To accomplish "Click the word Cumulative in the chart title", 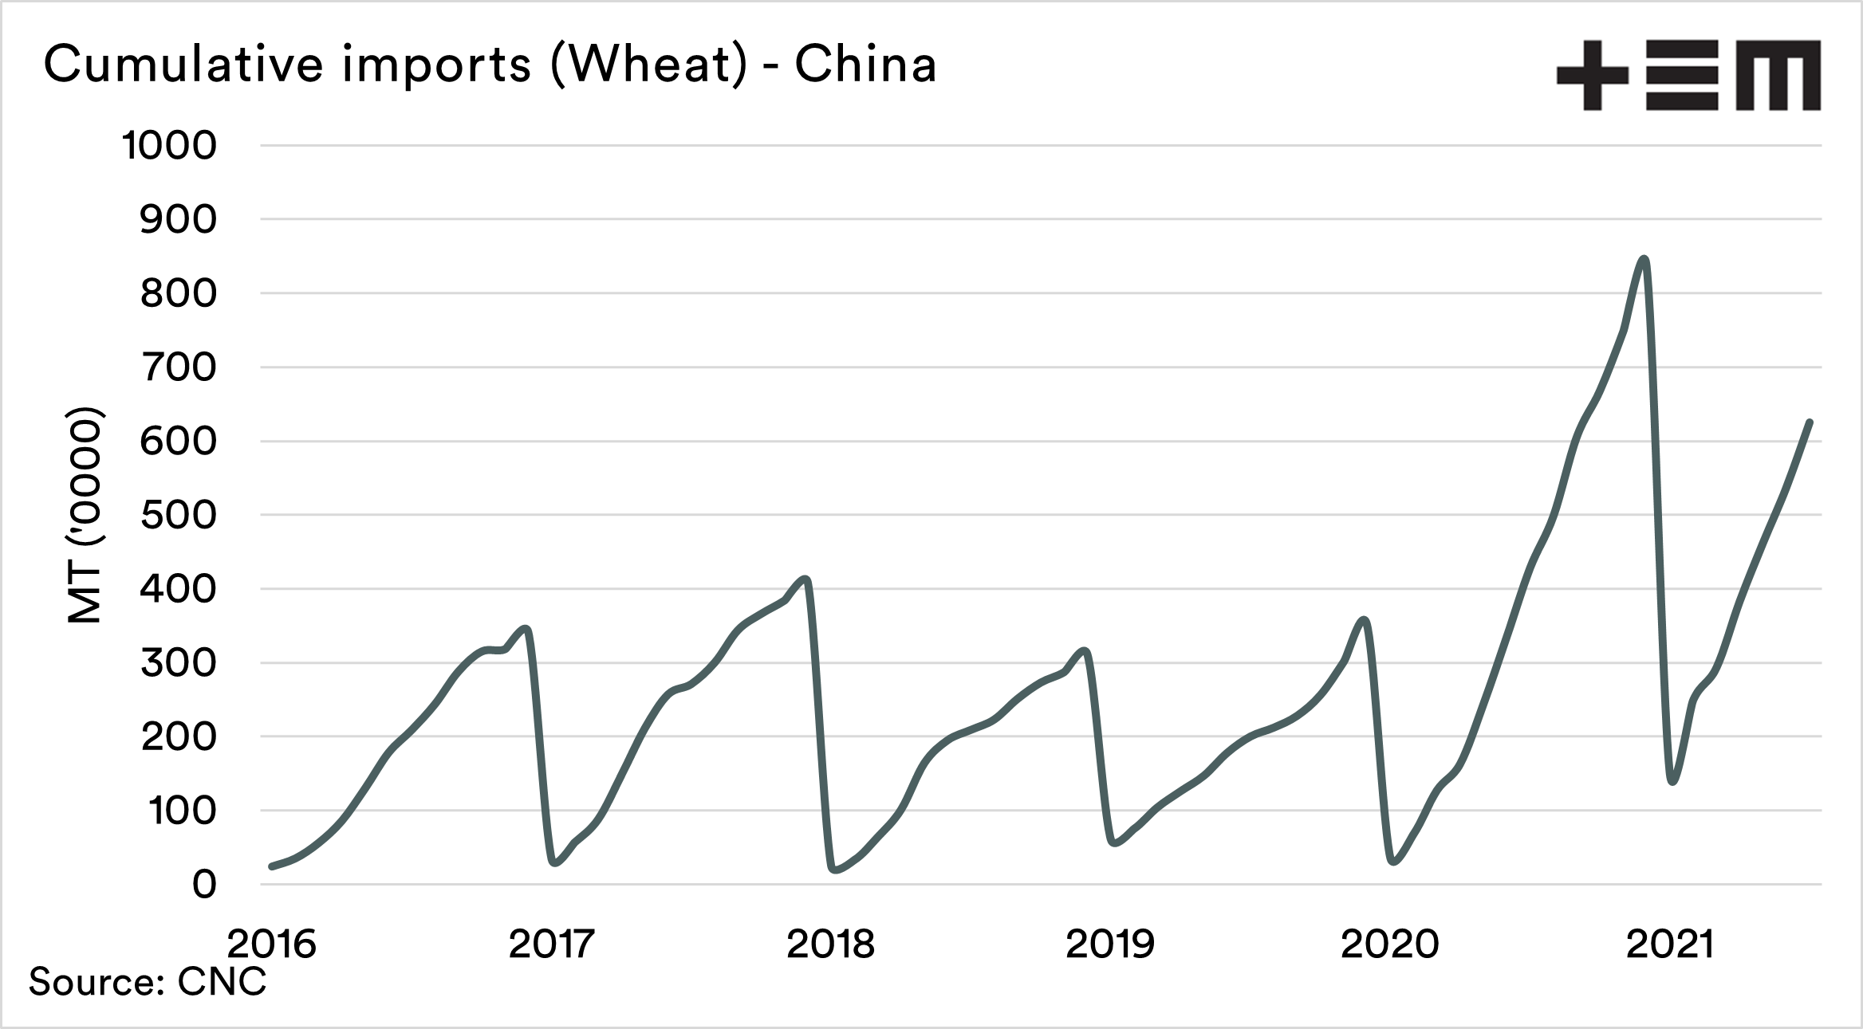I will coord(184,65).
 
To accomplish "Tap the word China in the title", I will coord(865,65).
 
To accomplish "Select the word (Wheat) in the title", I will coord(648,65).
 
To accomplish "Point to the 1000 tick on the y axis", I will coord(169,146).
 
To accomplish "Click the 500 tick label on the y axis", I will coord(178,515).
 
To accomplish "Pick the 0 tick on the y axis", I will coord(204,885).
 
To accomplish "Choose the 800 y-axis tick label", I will coord(178,293).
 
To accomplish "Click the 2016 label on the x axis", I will coord(272,945).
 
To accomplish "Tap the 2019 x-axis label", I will coord(1109,945).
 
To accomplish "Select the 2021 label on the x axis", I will coord(1669,945).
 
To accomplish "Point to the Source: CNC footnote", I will coord(148,982).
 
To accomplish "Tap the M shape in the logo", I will coord(1778,75).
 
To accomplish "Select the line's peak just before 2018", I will coord(806,579).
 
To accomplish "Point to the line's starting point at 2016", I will coord(272,866).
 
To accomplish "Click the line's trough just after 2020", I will coord(1393,862).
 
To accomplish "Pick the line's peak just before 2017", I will coord(526,629).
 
